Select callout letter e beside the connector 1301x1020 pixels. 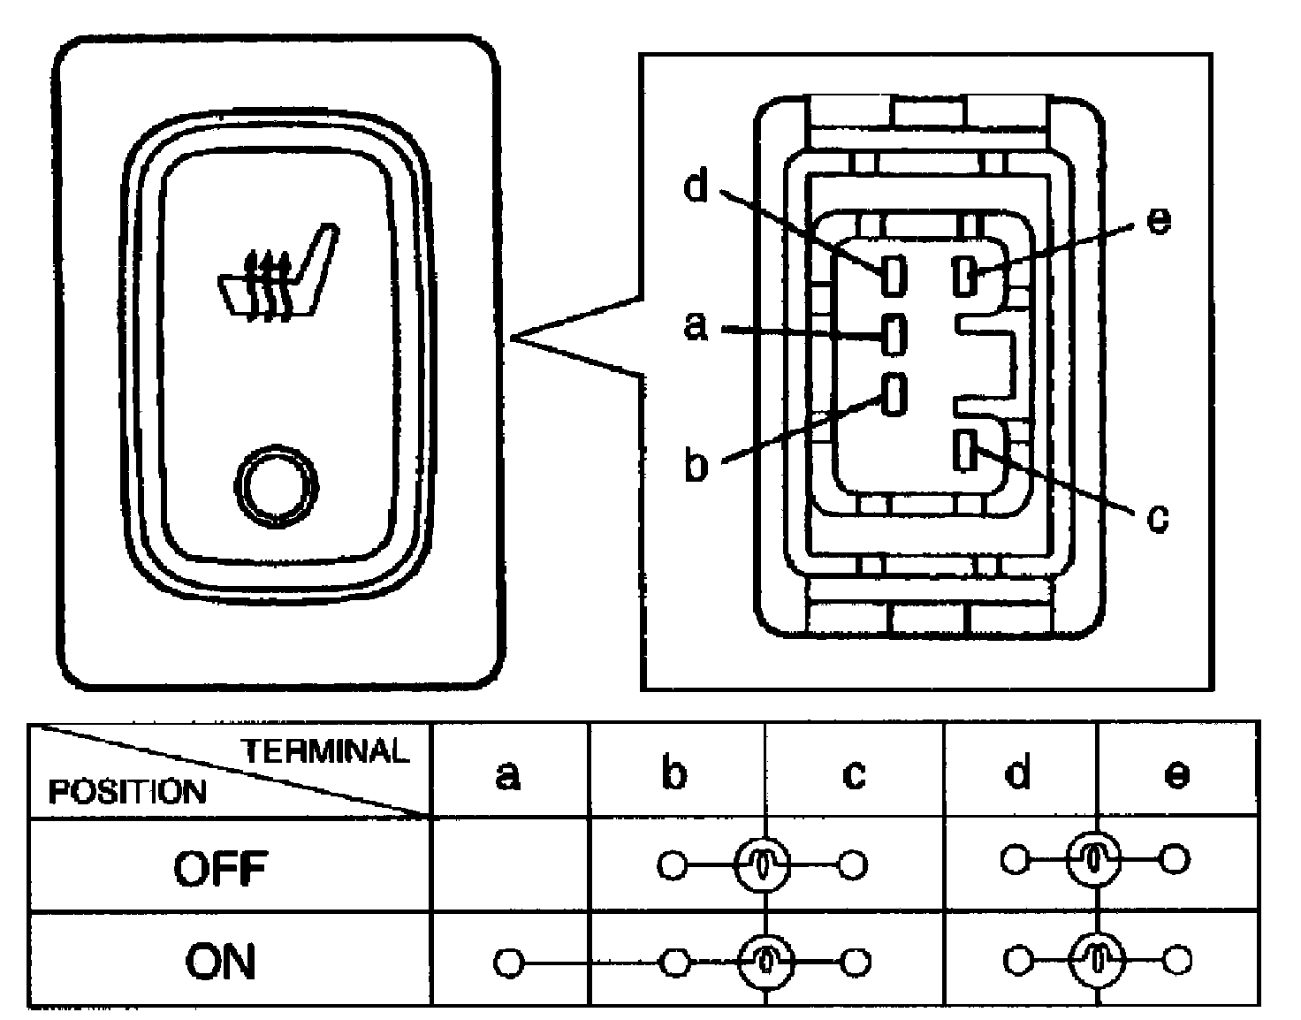pyautogui.click(x=1157, y=219)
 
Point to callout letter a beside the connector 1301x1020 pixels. pyautogui.click(x=697, y=326)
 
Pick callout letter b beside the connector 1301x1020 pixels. pyautogui.click(x=697, y=465)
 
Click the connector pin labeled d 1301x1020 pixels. pyautogui.click(x=893, y=276)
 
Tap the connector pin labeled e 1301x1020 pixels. pyautogui.click(x=964, y=275)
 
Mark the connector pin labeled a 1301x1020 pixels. pyautogui.click(x=894, y=333)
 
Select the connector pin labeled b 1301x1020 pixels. pyautogui.click(x=894, y=393)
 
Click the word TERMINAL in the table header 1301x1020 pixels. pyautogui.click(x=326, y=751)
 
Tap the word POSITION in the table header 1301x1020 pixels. pyautogui.click(x=127, y=790)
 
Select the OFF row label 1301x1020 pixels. pyautogui.click(x=220, y=869)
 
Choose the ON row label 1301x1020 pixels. pyautogui.click(x=220, y=961)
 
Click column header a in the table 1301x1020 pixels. pyautogui.click(x=507, y=775)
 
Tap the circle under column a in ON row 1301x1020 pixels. pyautogui.click(x=508, y=962)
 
